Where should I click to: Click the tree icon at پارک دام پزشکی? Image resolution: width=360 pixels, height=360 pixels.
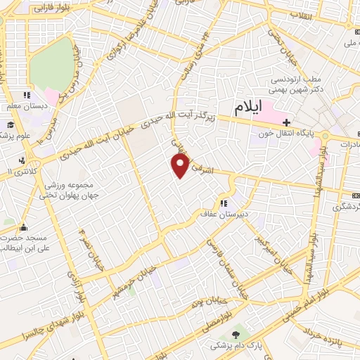tap(234, 333)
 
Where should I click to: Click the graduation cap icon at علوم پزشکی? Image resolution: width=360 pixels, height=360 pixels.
tap(11, 125)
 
